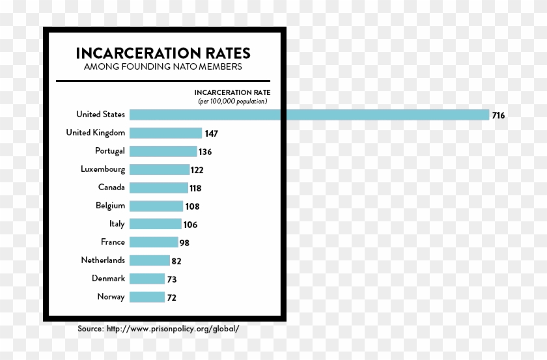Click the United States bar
(309, 115)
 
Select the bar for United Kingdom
(165, 133)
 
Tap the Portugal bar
(163, 151)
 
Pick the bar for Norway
(147, 297)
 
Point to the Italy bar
(155, 224)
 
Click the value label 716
(498, 115)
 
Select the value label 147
(210, 133)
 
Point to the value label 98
(184, 243)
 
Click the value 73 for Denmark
(172, 279)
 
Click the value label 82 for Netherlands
(175, 261)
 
